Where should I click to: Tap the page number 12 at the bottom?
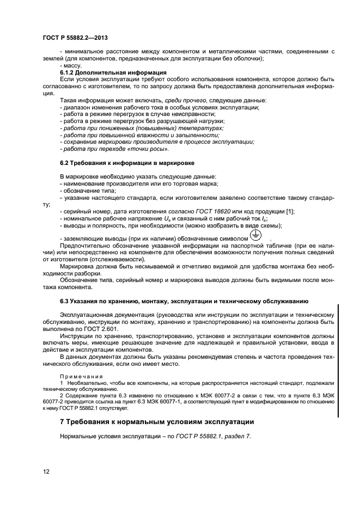pyautogui.click(x=46, y=471)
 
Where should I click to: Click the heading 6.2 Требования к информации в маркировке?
pyautogui.click(x=126, y=163)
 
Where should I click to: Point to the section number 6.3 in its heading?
pyautogui.click(x=65, y=301)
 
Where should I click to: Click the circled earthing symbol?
pyautogui.click(x=255, y=236)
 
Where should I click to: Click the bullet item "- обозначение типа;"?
pyautogui.click(x=84, y=191)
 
